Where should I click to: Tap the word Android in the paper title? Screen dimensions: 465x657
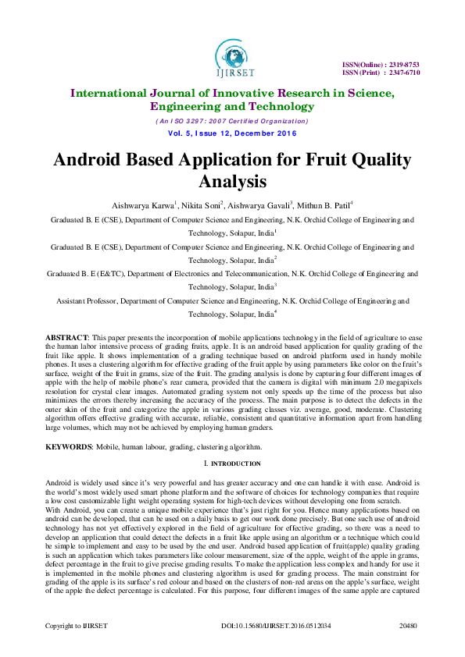tap(89, 160)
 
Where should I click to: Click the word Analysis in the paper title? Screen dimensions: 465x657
tap(232, 182)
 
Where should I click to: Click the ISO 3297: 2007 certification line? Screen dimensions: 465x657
tap(232, 122)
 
